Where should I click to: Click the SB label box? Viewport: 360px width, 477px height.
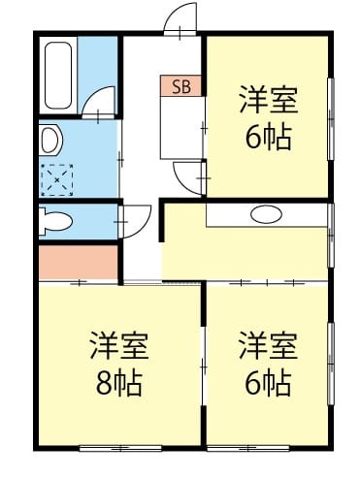click(x=180, y=86)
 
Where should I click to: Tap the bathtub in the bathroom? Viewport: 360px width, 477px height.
click(x=58, y=76)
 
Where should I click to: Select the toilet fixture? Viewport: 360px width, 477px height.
click(x=55, y=222)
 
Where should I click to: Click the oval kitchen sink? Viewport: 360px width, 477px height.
click(x=267, y=214)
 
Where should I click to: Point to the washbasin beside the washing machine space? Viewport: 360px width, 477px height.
click(x=50, y=141)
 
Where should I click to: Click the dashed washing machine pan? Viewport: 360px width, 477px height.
click(x=57, y=179)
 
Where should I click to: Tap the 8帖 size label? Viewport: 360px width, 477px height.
click(x=119, y=384)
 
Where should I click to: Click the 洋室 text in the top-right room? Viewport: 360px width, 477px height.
click(x=268, y=99)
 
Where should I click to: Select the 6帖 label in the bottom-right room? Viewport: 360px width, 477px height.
click(x=268, y=384)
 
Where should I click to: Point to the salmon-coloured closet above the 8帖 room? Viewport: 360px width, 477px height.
click(x=78, y=262)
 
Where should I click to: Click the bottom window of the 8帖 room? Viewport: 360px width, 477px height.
click(x=120, y=448)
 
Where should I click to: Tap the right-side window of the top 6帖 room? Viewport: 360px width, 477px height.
click(x=331, y=118)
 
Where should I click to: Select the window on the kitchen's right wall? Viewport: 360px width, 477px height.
click(x=331, y=236)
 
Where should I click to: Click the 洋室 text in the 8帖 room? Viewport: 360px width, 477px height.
click(x=119, y=345)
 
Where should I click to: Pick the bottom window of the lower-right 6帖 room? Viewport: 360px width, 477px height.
click(x=248, y=448)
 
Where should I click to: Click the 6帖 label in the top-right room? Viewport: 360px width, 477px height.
click(x=268, y=138)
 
